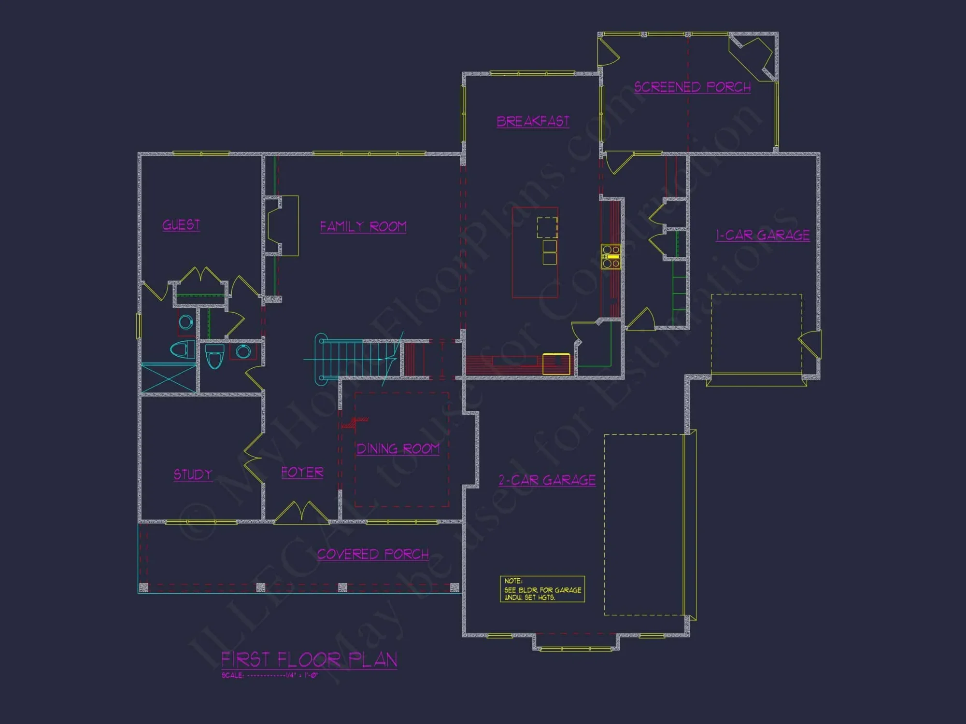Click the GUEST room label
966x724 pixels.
pyautogui.click(x=181, y=225)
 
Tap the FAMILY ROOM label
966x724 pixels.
pyautogui.click(x=363, y=226)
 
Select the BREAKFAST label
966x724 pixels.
pyautogui.click(x=533, y=121)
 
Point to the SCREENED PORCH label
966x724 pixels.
pyautogui.click(x=692, y=87)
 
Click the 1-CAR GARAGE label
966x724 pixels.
pyautogui.click(x=763, y=235)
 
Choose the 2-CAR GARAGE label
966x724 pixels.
pyautogui.click(x=547, y=480)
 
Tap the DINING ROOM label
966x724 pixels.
pyautogui.click(x=398, y=449)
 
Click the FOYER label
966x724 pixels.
pyautogui.click(x=302, y=472)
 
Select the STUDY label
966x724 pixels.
pyautogui.click(x=193, y=474)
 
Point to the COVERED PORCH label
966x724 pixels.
pyautogui.click(x=373, y=554)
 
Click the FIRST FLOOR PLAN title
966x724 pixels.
pyautogui.click(x=309, y=659)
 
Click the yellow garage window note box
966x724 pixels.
pyautogui.click(x=542, y=589)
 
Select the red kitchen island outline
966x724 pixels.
pyautogui.click(x=535, y=252)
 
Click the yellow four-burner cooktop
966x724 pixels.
pyautogui.click(x=611, y=256)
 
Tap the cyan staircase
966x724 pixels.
pyautogui.click(x=355, y=360)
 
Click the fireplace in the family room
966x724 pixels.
pyautogui.click(x=281, y=225)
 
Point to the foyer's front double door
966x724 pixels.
pyautogui.click(x=302, y=513)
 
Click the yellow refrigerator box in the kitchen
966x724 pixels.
pyautogui.click(x=556, y=364)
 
